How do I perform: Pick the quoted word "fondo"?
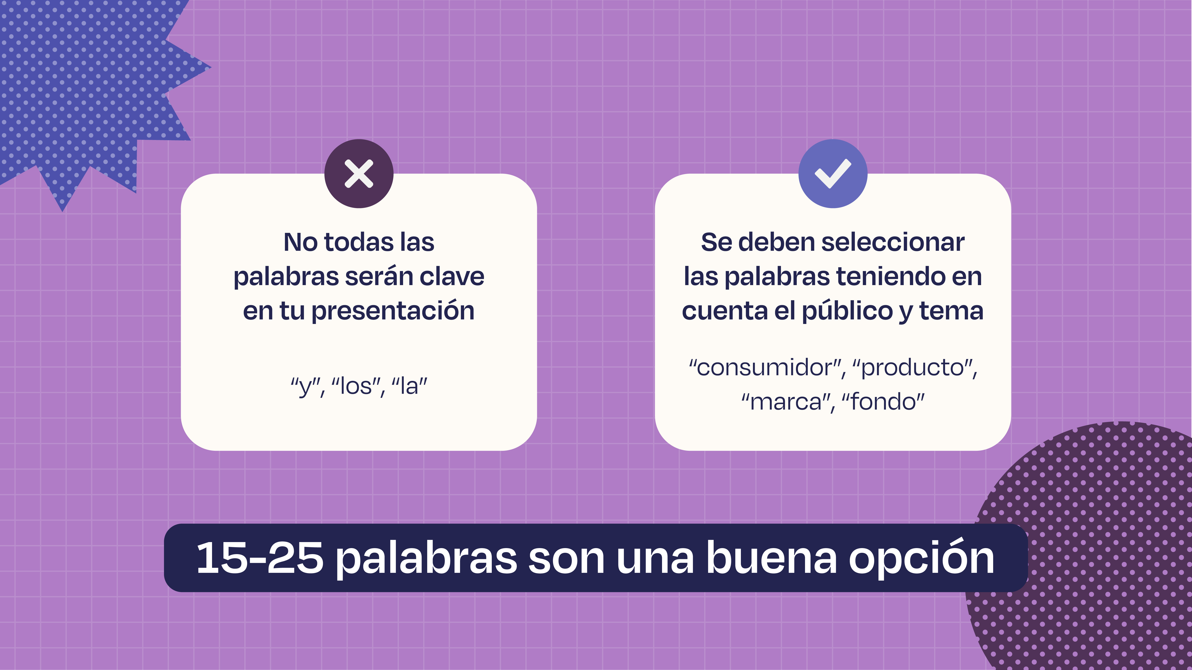[x=883, y=401]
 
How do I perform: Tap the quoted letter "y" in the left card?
[x=305, y=387]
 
